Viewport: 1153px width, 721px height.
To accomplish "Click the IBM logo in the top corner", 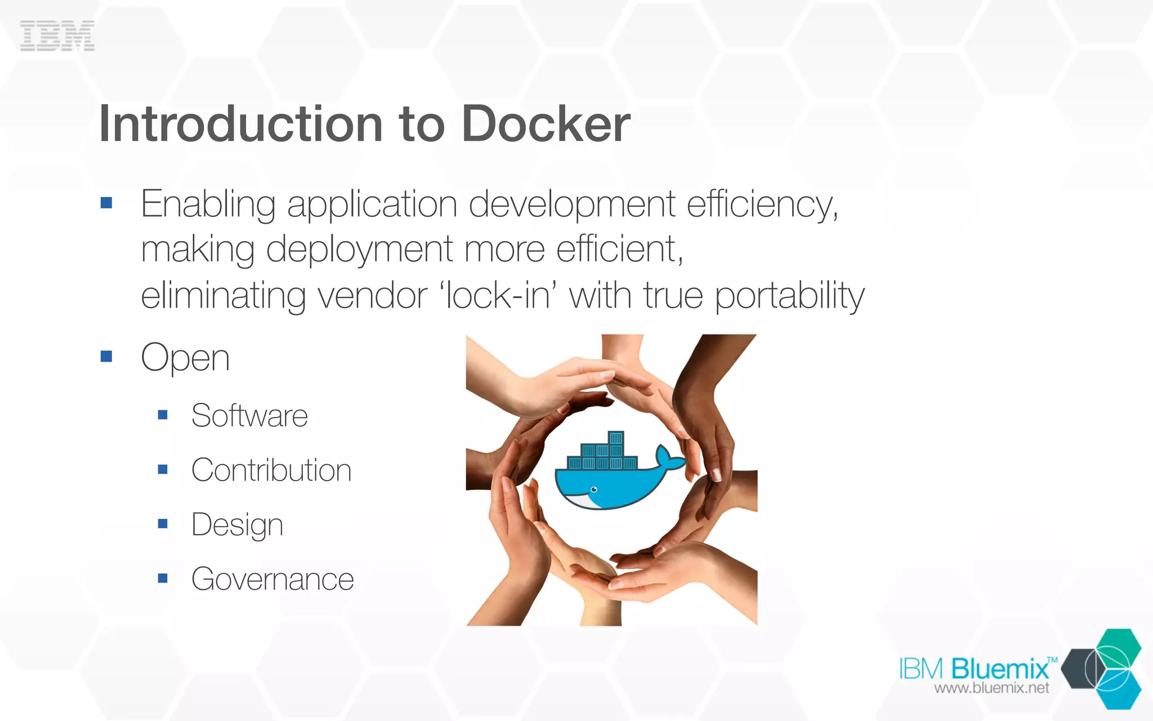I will tap(57, 35).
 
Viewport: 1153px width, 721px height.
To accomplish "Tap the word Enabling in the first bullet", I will tap(208, 204).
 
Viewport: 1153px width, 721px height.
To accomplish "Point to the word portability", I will tap(789, 296).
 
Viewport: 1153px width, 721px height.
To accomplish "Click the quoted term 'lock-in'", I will tap(498, 295).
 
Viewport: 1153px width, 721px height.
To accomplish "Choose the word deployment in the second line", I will tap(359, 250).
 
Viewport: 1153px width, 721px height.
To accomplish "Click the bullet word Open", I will tap(185, 358).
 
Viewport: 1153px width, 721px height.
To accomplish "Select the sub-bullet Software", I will tap(249, 416).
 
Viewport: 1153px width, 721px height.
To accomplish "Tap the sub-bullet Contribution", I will tap(271, 470).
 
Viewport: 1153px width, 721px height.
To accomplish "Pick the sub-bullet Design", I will tap(237, 525).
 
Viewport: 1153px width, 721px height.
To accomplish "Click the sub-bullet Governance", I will tap(272, 579).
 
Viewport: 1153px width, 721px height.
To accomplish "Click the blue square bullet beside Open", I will tap(106, 357).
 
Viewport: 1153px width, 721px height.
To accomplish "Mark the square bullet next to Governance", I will tap(163, 578).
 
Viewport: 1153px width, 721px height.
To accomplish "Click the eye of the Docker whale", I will tap(594, 489).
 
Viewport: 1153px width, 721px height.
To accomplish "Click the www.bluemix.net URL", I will tap(991, 688).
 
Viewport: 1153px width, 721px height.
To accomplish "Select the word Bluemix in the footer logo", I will tap(1000, 669).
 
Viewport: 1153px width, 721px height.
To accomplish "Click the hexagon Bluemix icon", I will tap(1103, 669).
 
